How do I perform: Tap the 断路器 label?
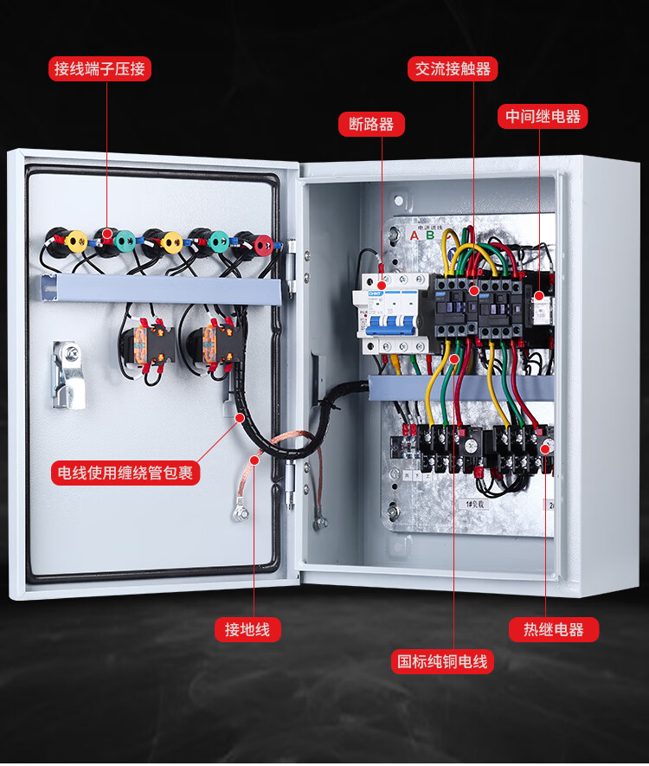(371, 124)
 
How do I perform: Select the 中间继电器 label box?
(543, 116)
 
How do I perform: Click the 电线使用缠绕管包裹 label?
(125, 473)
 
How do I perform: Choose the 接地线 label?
(247, 629)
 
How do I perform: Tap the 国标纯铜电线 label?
(442, 662)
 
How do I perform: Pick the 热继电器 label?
(553, 629)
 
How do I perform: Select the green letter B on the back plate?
(428, 235)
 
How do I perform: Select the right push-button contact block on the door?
(218, 342)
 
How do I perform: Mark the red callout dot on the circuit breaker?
(381, 283)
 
